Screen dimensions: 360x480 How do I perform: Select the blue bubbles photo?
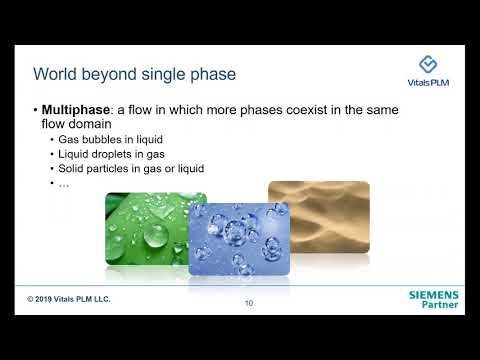click(239, 240)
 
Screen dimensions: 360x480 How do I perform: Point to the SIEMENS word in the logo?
click(433, 296)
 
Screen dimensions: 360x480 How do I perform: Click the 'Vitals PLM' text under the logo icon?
click(427, 85)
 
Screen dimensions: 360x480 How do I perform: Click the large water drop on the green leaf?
click(156, 236)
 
